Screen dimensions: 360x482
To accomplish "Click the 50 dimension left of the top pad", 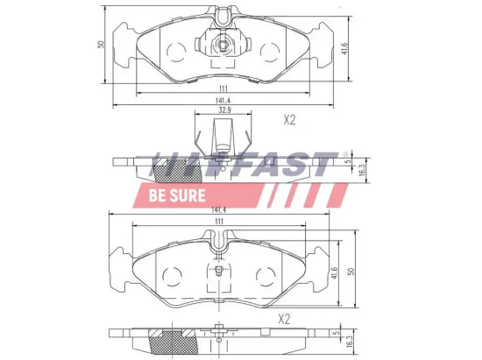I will tap(102, 44).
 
